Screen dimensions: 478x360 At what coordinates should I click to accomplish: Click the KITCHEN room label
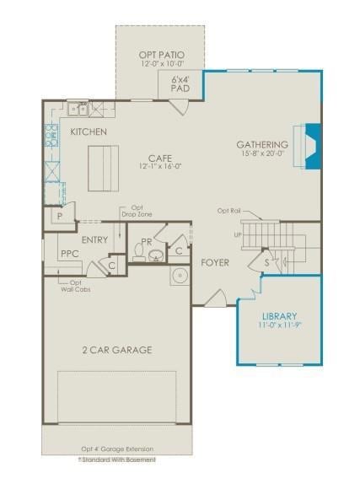click(88, 132)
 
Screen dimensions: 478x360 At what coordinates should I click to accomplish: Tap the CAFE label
click(160, 158)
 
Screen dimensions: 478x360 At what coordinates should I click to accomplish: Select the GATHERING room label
click(262, 145)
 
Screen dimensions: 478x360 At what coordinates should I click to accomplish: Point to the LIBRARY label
click(277, 316)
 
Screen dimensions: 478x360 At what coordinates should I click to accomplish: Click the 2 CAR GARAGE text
click(117, 350)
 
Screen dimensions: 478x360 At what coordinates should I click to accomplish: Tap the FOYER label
click(214, 262)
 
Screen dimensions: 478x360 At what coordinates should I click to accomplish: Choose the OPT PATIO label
click(161, 56)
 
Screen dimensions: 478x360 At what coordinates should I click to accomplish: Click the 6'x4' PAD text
click(180, 84)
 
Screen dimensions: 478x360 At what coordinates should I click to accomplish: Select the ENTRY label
click(95, 240)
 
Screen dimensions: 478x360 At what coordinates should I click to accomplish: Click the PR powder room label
click(147, 241)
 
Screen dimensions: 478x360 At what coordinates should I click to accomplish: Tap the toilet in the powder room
click(139, 251)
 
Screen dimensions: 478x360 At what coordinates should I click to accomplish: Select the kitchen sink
click(80, 109)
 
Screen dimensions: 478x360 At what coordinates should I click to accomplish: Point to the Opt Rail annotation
click(228, 211)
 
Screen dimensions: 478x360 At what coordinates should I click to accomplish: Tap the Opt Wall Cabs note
click(74, 287)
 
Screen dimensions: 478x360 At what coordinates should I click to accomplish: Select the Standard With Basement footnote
click(116, 459)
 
